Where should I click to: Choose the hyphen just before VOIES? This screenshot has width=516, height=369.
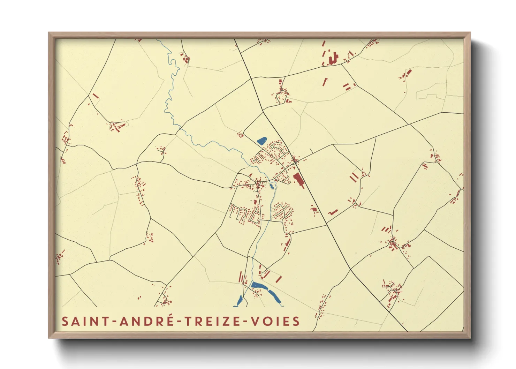[246, 322]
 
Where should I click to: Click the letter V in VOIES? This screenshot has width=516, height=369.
[256, 321]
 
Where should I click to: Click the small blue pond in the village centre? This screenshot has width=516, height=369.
[272, 186]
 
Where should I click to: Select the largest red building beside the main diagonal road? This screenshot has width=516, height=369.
[298, 179]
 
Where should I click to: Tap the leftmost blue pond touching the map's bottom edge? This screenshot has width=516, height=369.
[240, 300]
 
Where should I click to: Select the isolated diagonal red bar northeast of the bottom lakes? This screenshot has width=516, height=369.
[279, 279]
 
